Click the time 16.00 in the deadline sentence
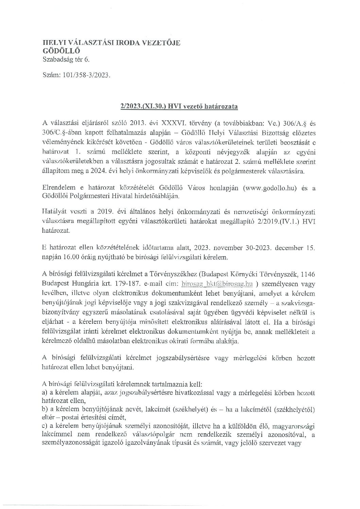pos(78,258)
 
